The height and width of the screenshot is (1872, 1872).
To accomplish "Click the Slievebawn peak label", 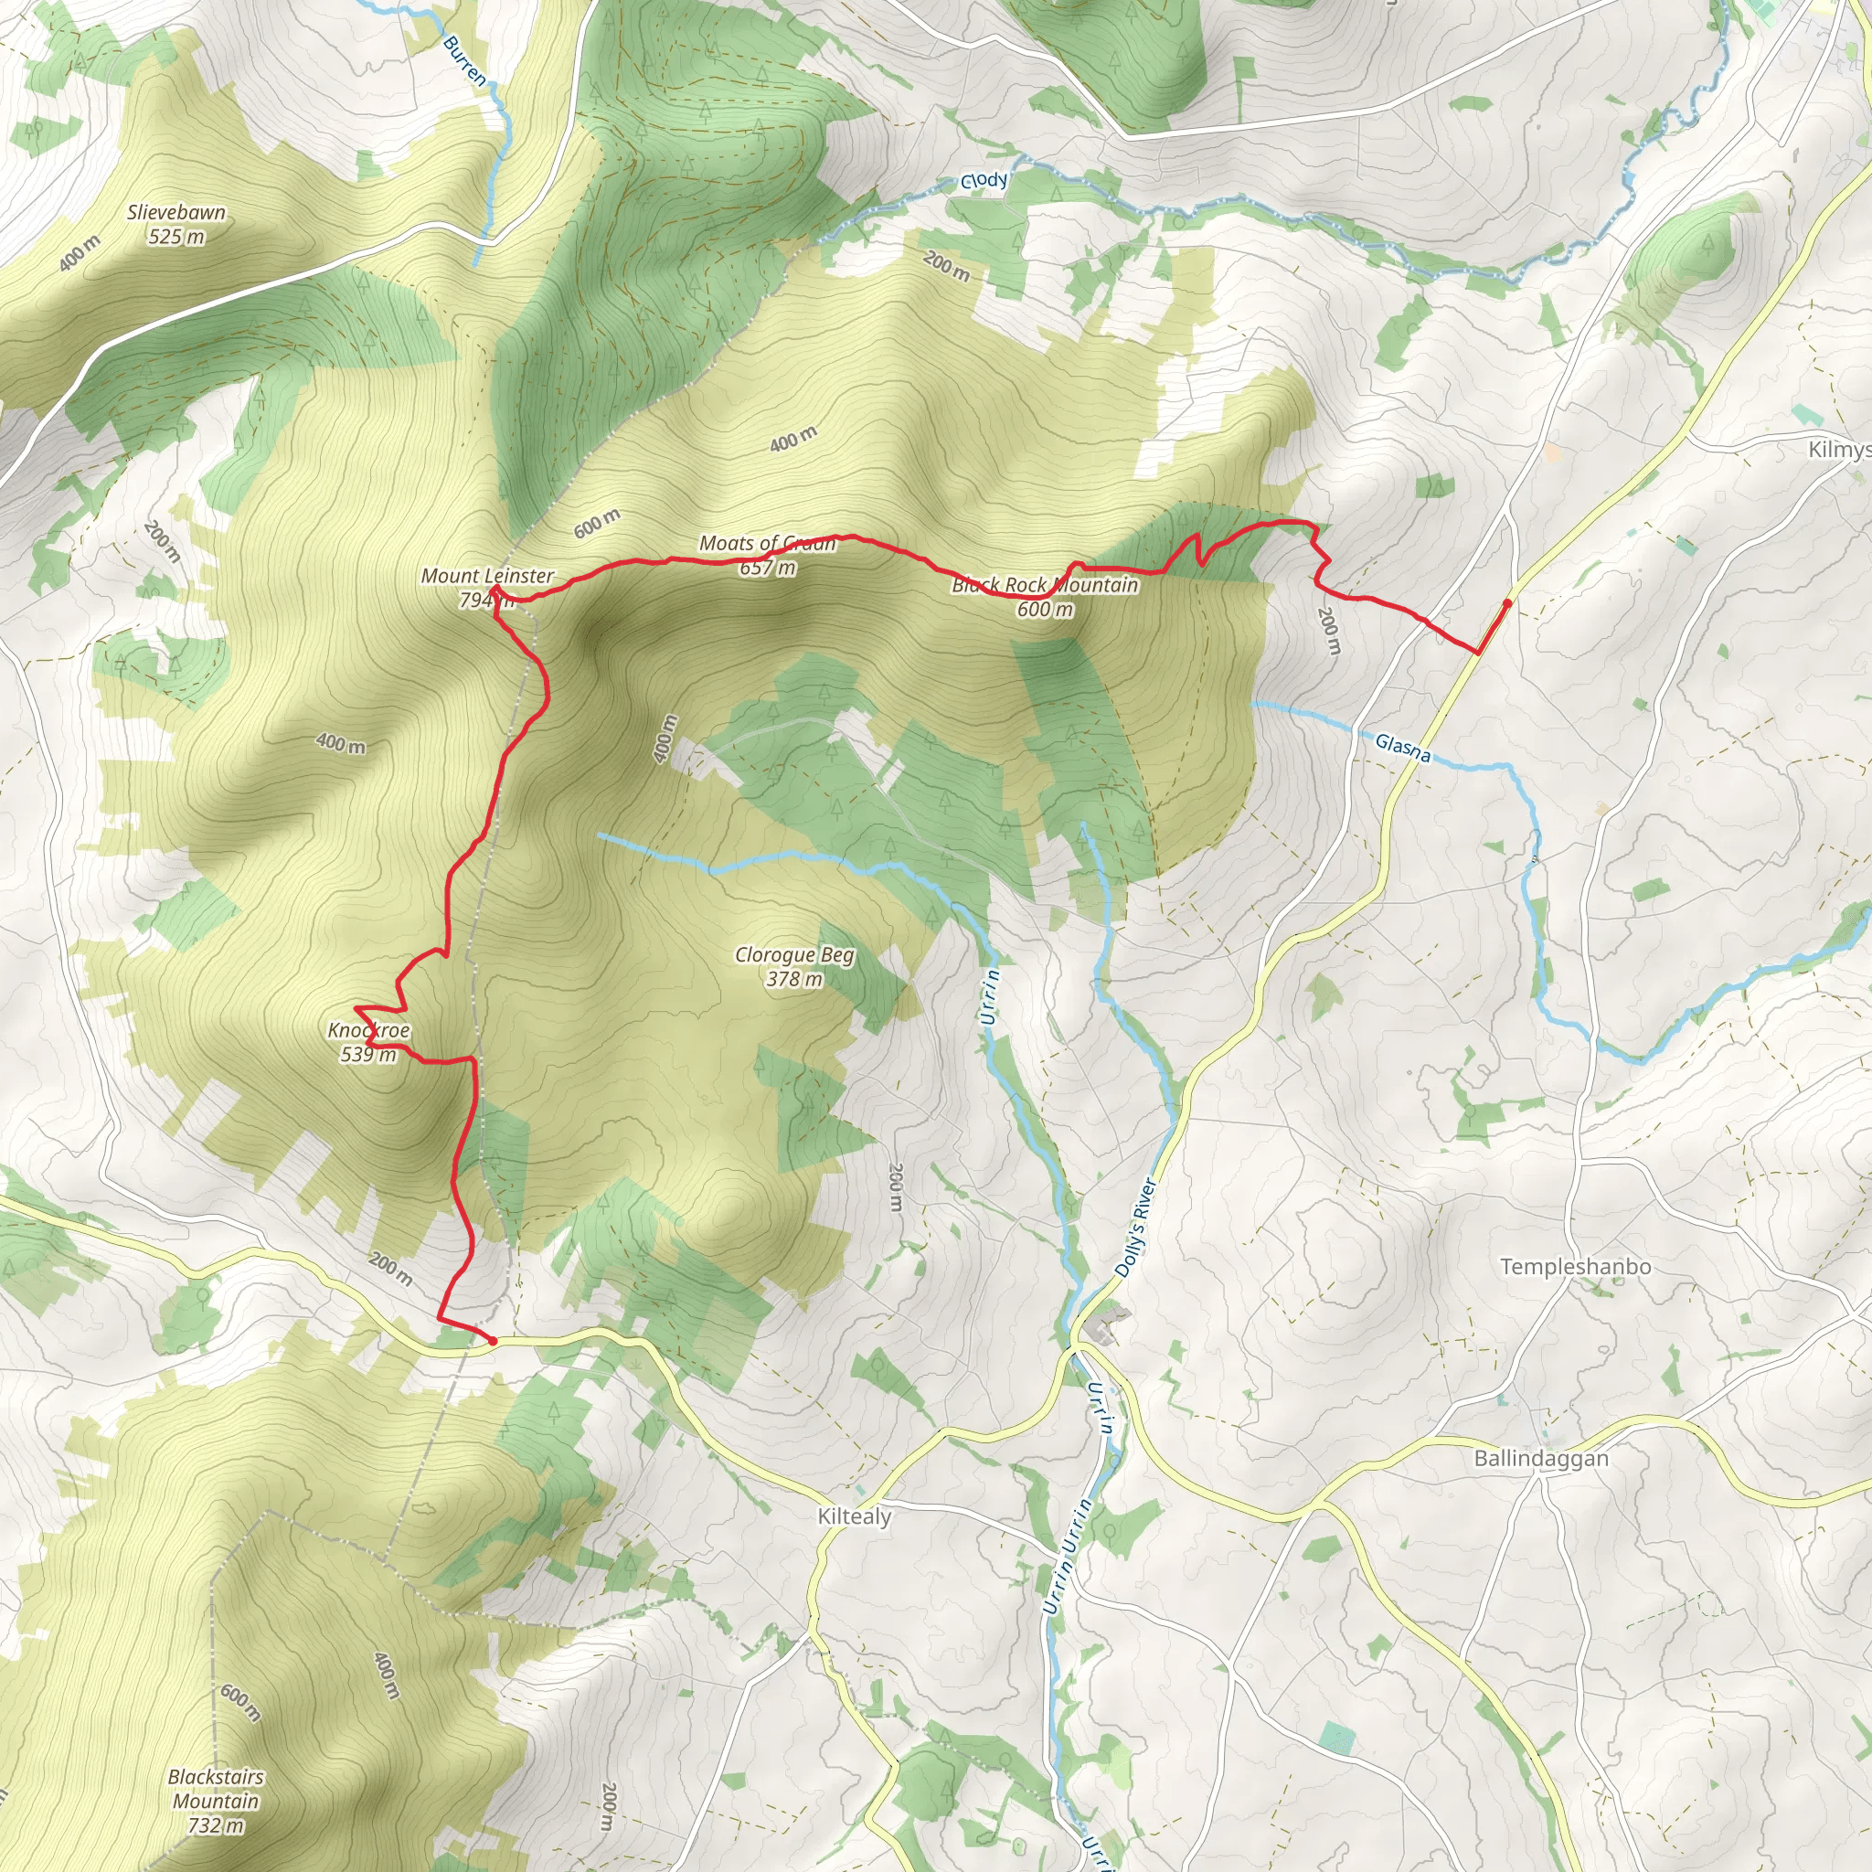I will click(176, 212).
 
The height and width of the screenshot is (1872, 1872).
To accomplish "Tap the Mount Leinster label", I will click(487, 576).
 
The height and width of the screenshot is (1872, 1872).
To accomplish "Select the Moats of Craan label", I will click(768, 544).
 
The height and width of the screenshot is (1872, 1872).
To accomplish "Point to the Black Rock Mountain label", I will click(1045, 585).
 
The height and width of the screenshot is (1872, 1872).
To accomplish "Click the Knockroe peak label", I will click(368, 1030).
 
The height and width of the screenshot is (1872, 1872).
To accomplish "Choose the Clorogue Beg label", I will click(794, 955).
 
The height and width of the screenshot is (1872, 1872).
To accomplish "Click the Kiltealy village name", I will click(854, 1516).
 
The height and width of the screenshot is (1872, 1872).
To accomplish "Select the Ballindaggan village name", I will click(1540, 1458).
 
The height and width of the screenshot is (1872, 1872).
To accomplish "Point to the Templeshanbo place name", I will click(1576, 1266).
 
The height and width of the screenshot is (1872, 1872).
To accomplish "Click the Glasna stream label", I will click(1402, 747).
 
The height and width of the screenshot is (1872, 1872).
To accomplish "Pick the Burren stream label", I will click(464, 61).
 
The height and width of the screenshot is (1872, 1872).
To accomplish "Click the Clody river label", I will click(984, 181).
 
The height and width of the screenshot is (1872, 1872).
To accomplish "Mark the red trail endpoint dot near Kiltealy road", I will click(493, 1341).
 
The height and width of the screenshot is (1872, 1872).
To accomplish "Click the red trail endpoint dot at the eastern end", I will click(1506, 602).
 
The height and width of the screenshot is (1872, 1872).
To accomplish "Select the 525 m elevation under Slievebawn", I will click(176, 237).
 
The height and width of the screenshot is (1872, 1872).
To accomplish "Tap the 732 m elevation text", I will click(215, 1825).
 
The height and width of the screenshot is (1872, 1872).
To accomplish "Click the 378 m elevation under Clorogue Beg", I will click(794, 980).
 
